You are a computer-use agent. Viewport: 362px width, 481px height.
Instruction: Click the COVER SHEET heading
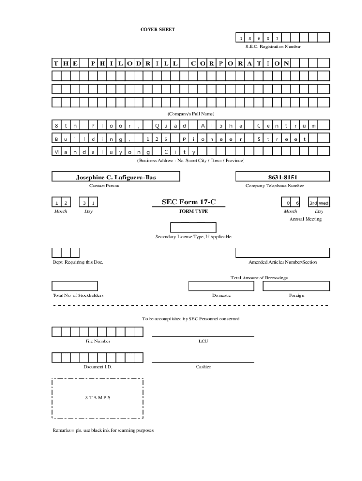(158, 30)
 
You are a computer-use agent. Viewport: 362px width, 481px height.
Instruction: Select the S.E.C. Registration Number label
(273, 47)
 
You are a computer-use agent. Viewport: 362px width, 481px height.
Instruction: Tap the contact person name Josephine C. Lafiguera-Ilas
(116, 177)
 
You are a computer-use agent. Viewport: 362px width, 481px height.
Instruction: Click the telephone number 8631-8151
(283, 177)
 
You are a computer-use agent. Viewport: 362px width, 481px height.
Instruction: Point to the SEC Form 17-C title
(189, 202)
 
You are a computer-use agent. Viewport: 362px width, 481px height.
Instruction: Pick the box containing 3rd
(313, 203)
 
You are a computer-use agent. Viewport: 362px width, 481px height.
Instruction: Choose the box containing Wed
(323, 203)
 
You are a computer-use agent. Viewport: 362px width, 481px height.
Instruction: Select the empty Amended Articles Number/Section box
(283, 253)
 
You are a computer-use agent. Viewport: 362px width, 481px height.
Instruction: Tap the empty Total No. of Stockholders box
(75, 286)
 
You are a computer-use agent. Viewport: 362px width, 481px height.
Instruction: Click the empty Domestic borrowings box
(221, 286)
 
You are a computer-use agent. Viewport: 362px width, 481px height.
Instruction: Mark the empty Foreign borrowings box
(296, 286)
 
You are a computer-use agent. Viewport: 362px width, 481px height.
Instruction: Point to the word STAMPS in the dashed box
(98, 397)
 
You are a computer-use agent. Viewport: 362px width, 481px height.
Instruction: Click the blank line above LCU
(203, 336)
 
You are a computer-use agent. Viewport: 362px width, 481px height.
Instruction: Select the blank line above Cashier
(203, 362)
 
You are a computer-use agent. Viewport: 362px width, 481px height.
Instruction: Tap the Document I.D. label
(98, 367)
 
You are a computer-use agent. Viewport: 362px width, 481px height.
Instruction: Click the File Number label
(98, 341)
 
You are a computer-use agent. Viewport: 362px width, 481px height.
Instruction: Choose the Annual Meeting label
(305, 219)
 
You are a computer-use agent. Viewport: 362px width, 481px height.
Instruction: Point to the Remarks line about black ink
(103, 430)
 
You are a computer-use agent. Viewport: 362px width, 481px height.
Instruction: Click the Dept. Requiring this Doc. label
(78, 262)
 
